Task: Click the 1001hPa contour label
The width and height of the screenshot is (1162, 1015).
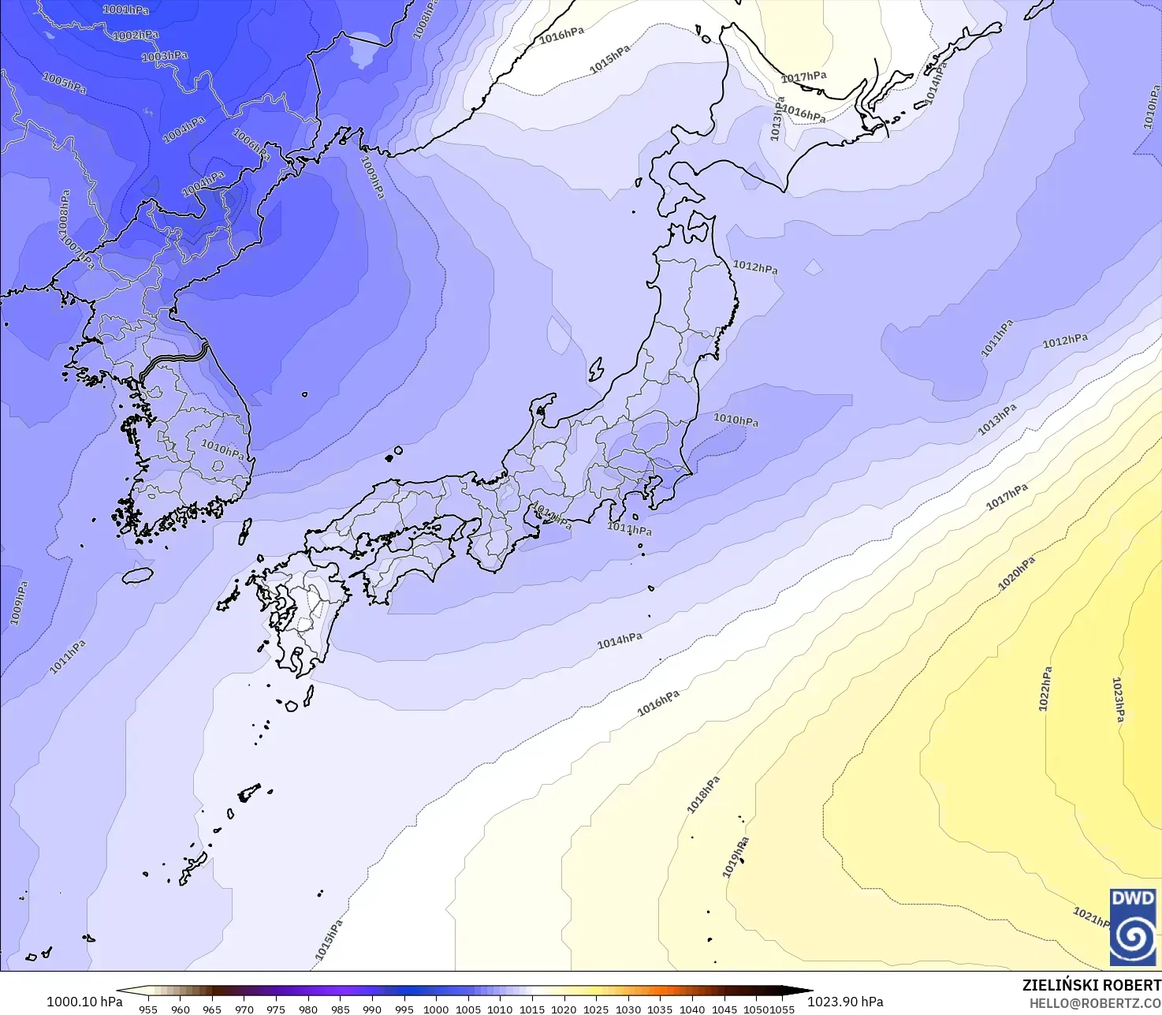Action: pos(125,9)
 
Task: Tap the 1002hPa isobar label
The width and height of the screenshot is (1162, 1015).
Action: pos(136,35)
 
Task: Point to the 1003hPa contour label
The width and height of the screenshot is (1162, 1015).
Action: pos(165,56)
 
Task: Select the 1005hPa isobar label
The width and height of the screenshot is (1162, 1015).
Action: pos(64,83)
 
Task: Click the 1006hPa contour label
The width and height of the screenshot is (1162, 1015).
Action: pos(251,144)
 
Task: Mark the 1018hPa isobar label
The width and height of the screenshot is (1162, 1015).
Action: pos(703,795)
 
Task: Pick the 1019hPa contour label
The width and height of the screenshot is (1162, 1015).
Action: pos(735,858)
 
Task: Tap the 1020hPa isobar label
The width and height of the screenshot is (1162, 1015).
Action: pos(1016,573)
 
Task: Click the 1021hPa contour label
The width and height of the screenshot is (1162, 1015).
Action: pos(1092,917)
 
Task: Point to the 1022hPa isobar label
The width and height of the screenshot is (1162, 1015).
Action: pos(1045,689)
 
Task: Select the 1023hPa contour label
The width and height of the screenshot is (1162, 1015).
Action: pos(1118,700)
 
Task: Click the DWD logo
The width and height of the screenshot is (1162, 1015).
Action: pos(1133,927)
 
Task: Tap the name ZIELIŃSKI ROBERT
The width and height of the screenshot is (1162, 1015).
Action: pos(1091,985)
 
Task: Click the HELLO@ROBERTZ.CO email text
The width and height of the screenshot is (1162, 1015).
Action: pos(1095,1002)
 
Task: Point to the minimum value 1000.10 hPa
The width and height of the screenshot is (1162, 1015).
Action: pos(84,1002)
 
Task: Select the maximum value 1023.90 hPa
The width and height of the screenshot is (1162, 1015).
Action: pos(845,1002)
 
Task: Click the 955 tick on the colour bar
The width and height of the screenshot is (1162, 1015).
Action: pos(148,1009)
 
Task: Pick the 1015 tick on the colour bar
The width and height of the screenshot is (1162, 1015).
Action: pos(532,1009)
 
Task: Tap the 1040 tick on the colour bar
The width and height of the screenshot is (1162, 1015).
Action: pos(692,1009)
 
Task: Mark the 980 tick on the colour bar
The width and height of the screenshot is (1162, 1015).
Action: pos(308,1009)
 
